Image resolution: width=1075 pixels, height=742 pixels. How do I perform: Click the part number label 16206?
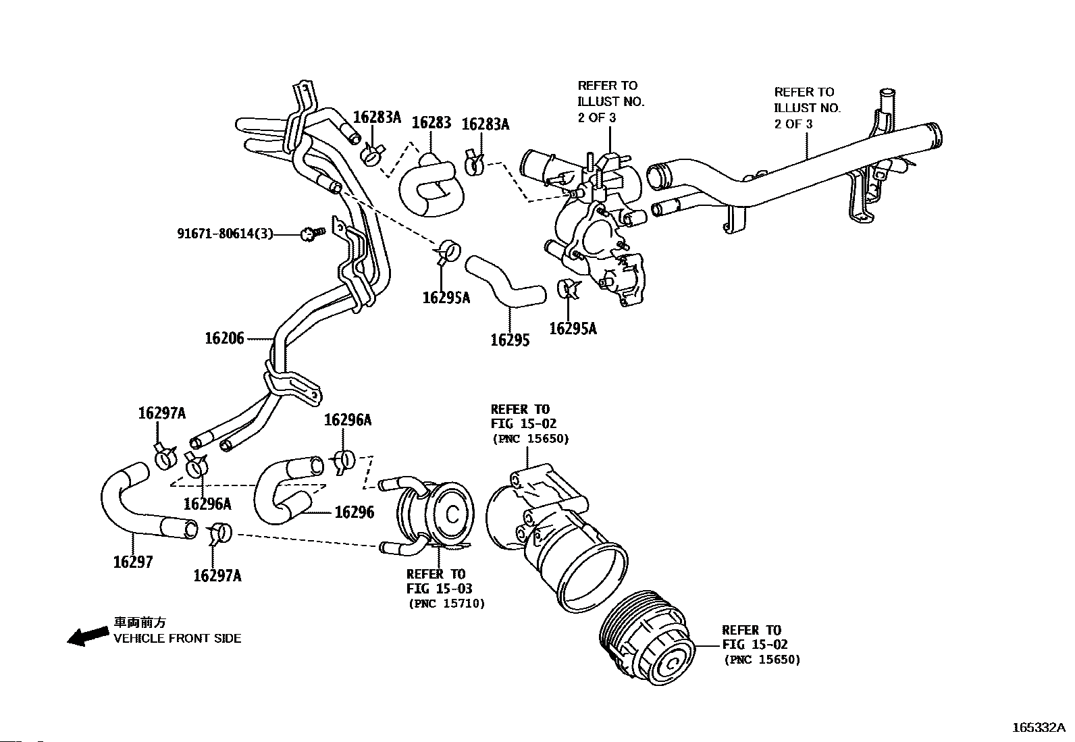tap(225, 338)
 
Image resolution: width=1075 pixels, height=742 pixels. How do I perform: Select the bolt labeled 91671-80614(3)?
tap(313, 234)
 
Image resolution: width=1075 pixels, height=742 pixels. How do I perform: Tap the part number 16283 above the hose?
tap(431, 122)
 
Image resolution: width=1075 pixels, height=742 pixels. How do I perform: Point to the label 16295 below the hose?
tap(510, 340)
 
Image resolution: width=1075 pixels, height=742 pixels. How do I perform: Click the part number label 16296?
tap(355, 512)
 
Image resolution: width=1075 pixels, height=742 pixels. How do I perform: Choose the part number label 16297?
tap(133, 562)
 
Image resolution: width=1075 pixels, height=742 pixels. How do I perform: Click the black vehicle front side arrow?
tap(88, 637)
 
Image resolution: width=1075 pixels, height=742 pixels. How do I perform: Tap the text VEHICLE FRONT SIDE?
tap(177, 638)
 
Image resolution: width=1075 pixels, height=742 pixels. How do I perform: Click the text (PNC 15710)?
tap(447, 604)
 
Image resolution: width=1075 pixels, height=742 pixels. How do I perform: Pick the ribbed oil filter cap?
tap(647, 637)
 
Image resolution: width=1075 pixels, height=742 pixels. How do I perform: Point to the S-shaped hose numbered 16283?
tap(431, 185)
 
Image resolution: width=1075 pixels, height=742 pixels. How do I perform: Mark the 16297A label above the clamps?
tap(162, 413)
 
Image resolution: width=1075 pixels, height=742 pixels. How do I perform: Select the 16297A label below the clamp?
tap(217, 575)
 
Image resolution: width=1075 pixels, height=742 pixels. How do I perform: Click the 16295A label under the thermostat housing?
tap(573, 329)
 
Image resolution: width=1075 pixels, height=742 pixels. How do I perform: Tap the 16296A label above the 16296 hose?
tap(348, 420)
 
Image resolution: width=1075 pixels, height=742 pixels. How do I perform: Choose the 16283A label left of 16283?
tap(377, 117)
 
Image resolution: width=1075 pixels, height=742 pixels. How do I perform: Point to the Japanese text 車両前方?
tap(140, 622)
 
